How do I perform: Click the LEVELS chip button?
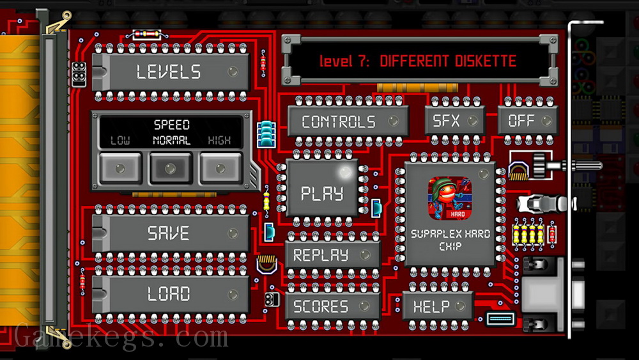pos(171,72)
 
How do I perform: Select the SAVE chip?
pos(171,233)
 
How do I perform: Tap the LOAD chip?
pos(171,294)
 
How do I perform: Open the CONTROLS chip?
pos(348,121)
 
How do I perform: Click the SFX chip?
pos(455,120)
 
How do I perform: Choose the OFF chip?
pos(528,120)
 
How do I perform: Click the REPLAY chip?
pos(332,255)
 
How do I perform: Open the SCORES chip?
pos(332,306)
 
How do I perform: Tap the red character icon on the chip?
pos(450,198)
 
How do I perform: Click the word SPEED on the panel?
pos(171,124)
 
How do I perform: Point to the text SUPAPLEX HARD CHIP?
pos(450,240)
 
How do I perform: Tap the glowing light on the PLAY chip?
pos(346,172)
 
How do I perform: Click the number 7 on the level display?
pos(362,61)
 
